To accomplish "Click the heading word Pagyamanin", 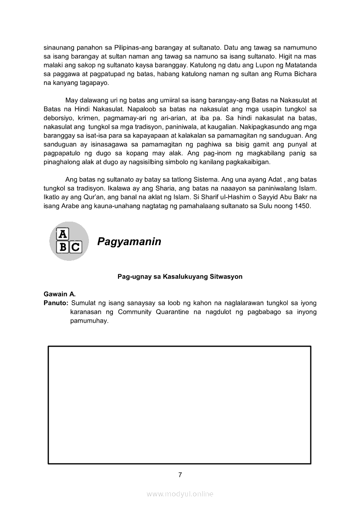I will coord(129,242).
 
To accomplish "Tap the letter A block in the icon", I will coord(63,234).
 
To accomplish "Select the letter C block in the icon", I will coord(75,247).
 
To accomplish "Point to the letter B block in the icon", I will coord(63,247).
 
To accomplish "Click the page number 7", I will coord(180,475).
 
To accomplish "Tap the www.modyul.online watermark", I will coord(180,494).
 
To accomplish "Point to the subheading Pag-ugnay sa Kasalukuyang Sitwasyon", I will coord(180,276).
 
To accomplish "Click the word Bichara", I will coord(304,74).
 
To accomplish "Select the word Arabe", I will coord(65,206).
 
